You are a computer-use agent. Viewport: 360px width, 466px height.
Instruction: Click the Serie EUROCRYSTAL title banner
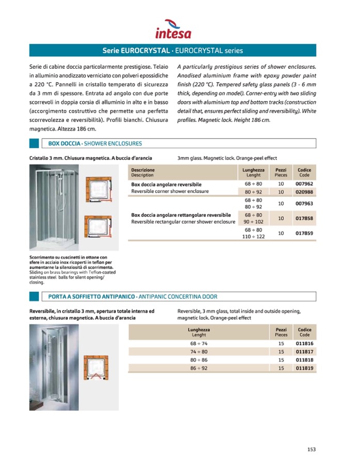click(173, 51)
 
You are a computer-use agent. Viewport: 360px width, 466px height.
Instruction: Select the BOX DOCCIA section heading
click(94, 143)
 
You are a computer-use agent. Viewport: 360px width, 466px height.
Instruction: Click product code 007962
click(304, 184)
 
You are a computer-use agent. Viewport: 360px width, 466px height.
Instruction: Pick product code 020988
click(304, 192)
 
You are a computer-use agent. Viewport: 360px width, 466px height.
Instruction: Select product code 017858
click(304, 219)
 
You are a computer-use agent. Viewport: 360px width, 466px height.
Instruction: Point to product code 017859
click(304, 233)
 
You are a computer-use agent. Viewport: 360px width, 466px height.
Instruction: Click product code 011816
click(304, 344)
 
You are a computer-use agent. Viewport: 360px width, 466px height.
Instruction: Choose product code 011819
click(304, 368)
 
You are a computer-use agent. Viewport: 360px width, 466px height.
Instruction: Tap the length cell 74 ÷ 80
click(198, 352)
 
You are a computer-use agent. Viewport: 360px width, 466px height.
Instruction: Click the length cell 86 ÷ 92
click(198, 368)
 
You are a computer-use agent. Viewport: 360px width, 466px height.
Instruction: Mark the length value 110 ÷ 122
click(254, 237)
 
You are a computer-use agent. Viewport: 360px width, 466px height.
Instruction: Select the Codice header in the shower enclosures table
click(304, 172)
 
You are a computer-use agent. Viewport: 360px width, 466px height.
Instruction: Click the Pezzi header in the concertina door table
click(281, 332)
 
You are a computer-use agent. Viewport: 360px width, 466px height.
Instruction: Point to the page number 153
click(311, 449)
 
